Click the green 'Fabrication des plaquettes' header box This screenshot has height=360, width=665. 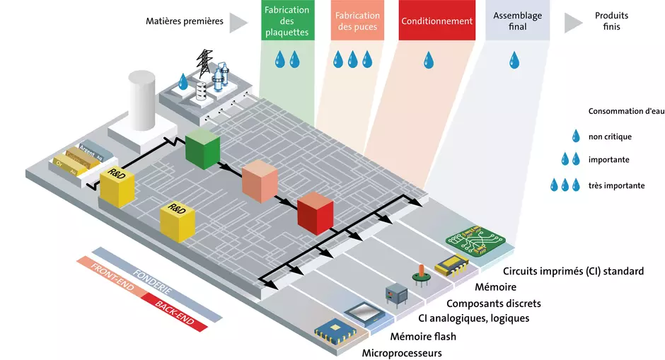click(x=287, y=21)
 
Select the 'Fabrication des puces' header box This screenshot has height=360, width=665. click(x=357, y=21)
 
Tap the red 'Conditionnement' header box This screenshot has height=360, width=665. click(x=436, y=21)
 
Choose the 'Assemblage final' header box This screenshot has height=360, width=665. click(x=517, y=21)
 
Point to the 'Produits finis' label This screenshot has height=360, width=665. click(x=611, y=21)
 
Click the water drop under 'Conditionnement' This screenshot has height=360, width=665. click(x=429, y=60)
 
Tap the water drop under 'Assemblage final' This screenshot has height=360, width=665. click(x=514, y=60)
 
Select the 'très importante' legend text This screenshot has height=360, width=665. click(x=616, y=185)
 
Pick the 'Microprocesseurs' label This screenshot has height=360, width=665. click(x=402, y=352)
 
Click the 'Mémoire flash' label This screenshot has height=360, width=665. click(x=423, y=336)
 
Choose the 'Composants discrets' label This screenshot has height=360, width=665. click(x=494, y=303)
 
